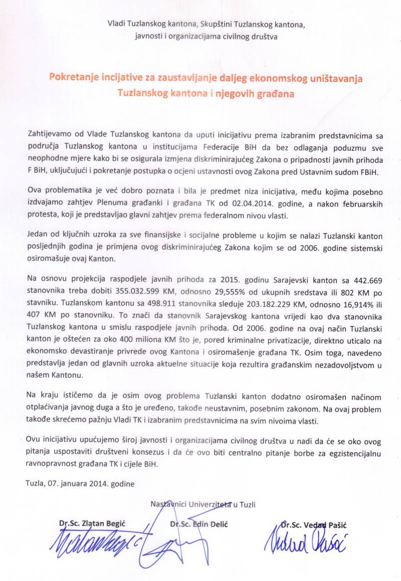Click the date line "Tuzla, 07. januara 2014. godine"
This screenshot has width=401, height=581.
click(80, 484)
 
